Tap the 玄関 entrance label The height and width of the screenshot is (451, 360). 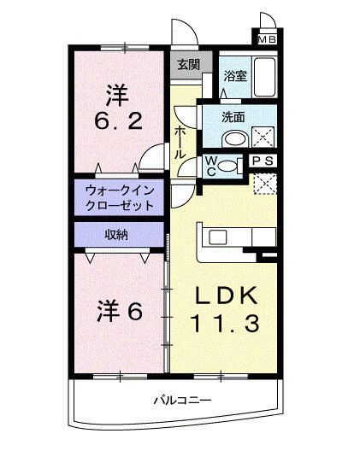189,64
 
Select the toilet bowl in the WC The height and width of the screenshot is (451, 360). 227,166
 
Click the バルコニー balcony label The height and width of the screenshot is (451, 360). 181,400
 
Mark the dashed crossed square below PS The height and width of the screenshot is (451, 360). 266,183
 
